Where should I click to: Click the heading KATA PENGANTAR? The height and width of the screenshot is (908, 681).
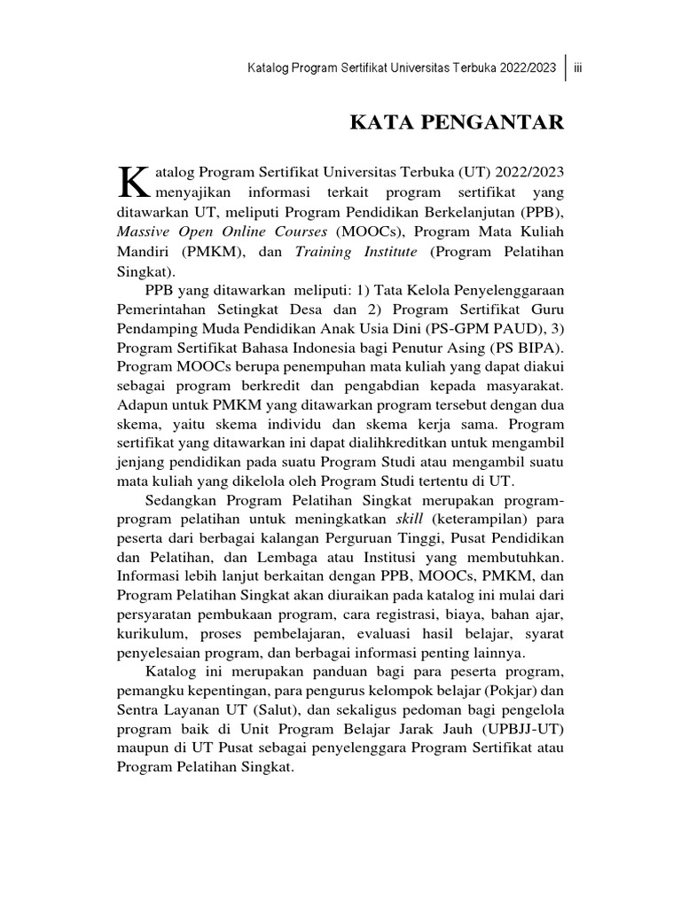[457, 122]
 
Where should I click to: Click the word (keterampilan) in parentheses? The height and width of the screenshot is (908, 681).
[474, 521]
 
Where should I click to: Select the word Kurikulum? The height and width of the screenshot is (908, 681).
[150, 636]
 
